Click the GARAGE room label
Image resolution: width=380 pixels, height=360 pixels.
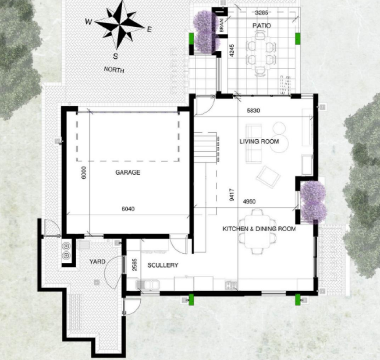point(128,173)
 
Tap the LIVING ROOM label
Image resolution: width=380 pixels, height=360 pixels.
point(259,141)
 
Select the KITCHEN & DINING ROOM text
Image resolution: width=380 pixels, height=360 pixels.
point(259,229)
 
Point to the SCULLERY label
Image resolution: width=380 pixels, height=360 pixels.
point(163,265)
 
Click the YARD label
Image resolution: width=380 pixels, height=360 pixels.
point(97,261)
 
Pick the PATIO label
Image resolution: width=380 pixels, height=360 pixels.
point(262,25)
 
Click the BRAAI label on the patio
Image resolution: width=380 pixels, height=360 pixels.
point(221,26)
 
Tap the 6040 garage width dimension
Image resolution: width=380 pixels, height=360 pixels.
point(128,209)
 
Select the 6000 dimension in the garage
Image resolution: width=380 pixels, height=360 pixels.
point(84,173)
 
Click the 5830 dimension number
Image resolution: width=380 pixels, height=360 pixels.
point(253,110)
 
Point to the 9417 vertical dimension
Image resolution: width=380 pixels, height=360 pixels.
point(232,195)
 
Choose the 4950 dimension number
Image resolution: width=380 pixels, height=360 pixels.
point(249,201)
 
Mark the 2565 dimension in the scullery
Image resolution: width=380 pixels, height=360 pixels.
point(135,265)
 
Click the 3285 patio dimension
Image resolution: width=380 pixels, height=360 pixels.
point(262,13)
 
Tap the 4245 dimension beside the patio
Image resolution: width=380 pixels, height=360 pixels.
point(232,51)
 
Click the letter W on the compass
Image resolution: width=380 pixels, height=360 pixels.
point(89,22)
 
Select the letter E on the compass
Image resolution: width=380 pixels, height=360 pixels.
point(149,29)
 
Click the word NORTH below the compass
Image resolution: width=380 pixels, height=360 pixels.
point(114,70)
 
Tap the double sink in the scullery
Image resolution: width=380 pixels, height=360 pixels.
point(147,285)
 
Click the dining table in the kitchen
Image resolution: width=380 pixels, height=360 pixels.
point(257,232)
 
